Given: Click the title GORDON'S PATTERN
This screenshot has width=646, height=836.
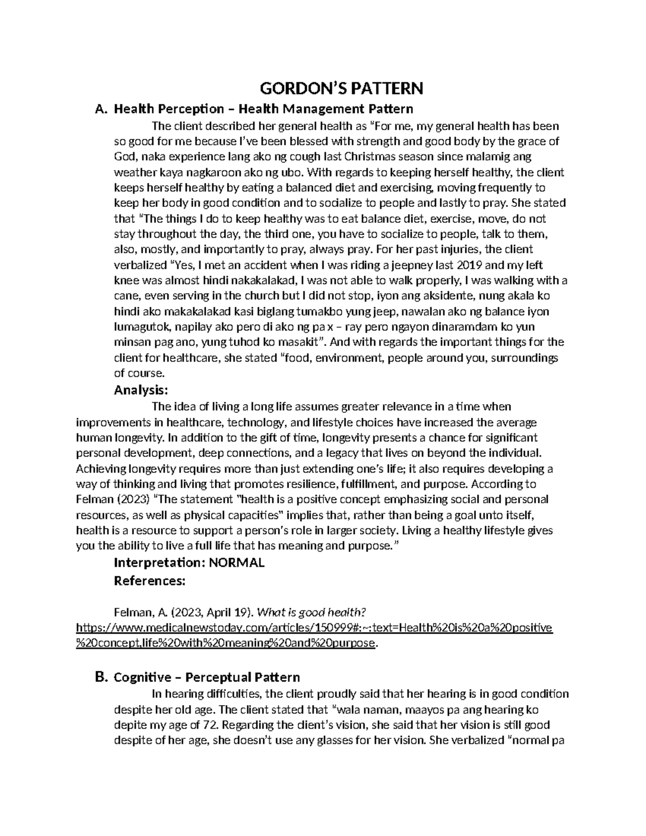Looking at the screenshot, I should tap(342, 88).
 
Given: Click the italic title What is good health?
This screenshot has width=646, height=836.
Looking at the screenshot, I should tap(312, 612).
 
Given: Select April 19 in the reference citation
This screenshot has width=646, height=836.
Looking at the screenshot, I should tap(226, 612).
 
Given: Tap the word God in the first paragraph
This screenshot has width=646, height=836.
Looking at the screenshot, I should tap(124, 157).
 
